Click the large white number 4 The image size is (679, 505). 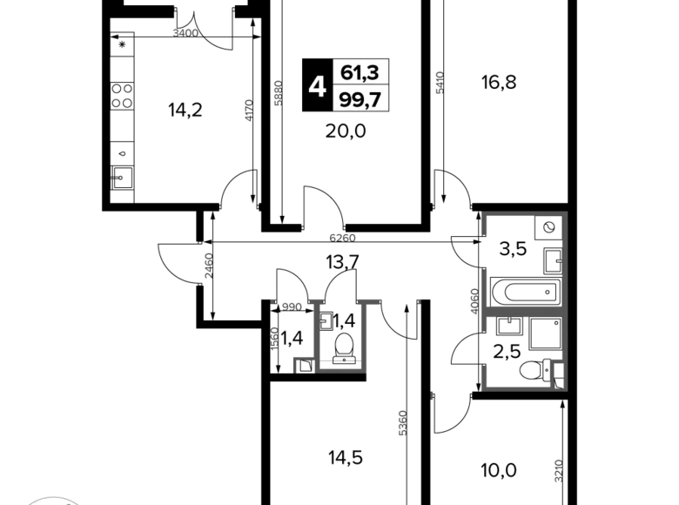click(x=318, y=87)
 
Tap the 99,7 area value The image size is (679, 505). click(x=360, y=100)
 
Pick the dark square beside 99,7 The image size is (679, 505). click(x=403, y=100)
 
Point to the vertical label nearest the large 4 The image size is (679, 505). click(x=278, y=93)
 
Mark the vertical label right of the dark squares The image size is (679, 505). click(x=438, y=83)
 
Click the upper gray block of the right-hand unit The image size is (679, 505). click(x=506, y=225)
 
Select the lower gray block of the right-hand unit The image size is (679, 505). click(x=498, y=378)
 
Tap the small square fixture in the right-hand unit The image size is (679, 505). click(x=559, y=380)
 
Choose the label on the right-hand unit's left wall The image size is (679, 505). click(x=472, y=299)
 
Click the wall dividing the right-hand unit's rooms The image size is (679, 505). click(x=522, y=307)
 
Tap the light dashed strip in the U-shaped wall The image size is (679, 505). click(x=340, y=360)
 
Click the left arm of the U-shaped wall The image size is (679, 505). click(x=318, y=335)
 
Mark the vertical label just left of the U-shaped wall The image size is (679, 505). click(x=274, y=337)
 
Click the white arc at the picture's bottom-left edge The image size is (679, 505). click(x=52, y=500)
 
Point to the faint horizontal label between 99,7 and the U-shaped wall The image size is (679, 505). click(x=342, y=236)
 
